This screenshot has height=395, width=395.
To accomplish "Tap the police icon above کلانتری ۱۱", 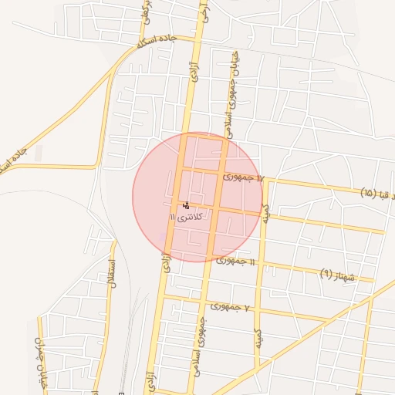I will pyautogui.click(x=185, y=206).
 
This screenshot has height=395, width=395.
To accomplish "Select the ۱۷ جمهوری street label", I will pyautogui.click(x=244, y=177).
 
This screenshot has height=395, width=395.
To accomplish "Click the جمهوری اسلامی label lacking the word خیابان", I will pyautogui.click(x=203, y=343).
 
